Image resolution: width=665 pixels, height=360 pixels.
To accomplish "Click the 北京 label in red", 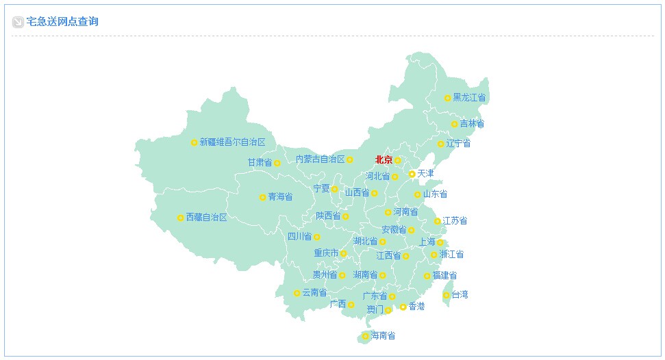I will [384, 160].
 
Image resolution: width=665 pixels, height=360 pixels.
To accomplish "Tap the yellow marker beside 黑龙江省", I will [447, 98].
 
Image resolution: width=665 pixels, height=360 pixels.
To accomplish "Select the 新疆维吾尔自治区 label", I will [232, 142].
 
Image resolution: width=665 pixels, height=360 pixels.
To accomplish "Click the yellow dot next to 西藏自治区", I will [180, 218].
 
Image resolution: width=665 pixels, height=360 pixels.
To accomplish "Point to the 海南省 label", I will [383, 336].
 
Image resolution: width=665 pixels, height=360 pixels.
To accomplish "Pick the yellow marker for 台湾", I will [446, 295].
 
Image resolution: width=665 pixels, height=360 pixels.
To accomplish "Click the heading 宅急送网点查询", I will [62, 22].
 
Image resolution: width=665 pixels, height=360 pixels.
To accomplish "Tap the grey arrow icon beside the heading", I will [18, 22].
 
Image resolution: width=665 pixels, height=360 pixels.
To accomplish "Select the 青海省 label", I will [280, 197].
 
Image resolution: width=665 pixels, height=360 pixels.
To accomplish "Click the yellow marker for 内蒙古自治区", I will [349, 159].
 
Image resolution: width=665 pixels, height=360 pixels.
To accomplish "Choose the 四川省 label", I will [299, 237].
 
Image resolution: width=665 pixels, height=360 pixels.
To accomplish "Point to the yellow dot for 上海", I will [440, 242].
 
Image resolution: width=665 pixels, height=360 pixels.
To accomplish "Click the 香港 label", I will [416, 307].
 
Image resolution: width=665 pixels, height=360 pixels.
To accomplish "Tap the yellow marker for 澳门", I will [388, 310].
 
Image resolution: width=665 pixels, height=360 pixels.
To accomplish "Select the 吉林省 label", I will [472, 124].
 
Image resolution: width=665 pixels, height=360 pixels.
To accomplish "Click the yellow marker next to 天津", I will [412, 174].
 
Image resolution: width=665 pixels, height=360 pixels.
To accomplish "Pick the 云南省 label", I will [314, 293].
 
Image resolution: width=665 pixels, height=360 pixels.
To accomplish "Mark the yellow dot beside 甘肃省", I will [277, 163].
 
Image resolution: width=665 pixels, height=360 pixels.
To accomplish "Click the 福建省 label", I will [444, 276].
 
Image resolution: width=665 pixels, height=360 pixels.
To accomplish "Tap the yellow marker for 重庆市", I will [343, 253].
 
